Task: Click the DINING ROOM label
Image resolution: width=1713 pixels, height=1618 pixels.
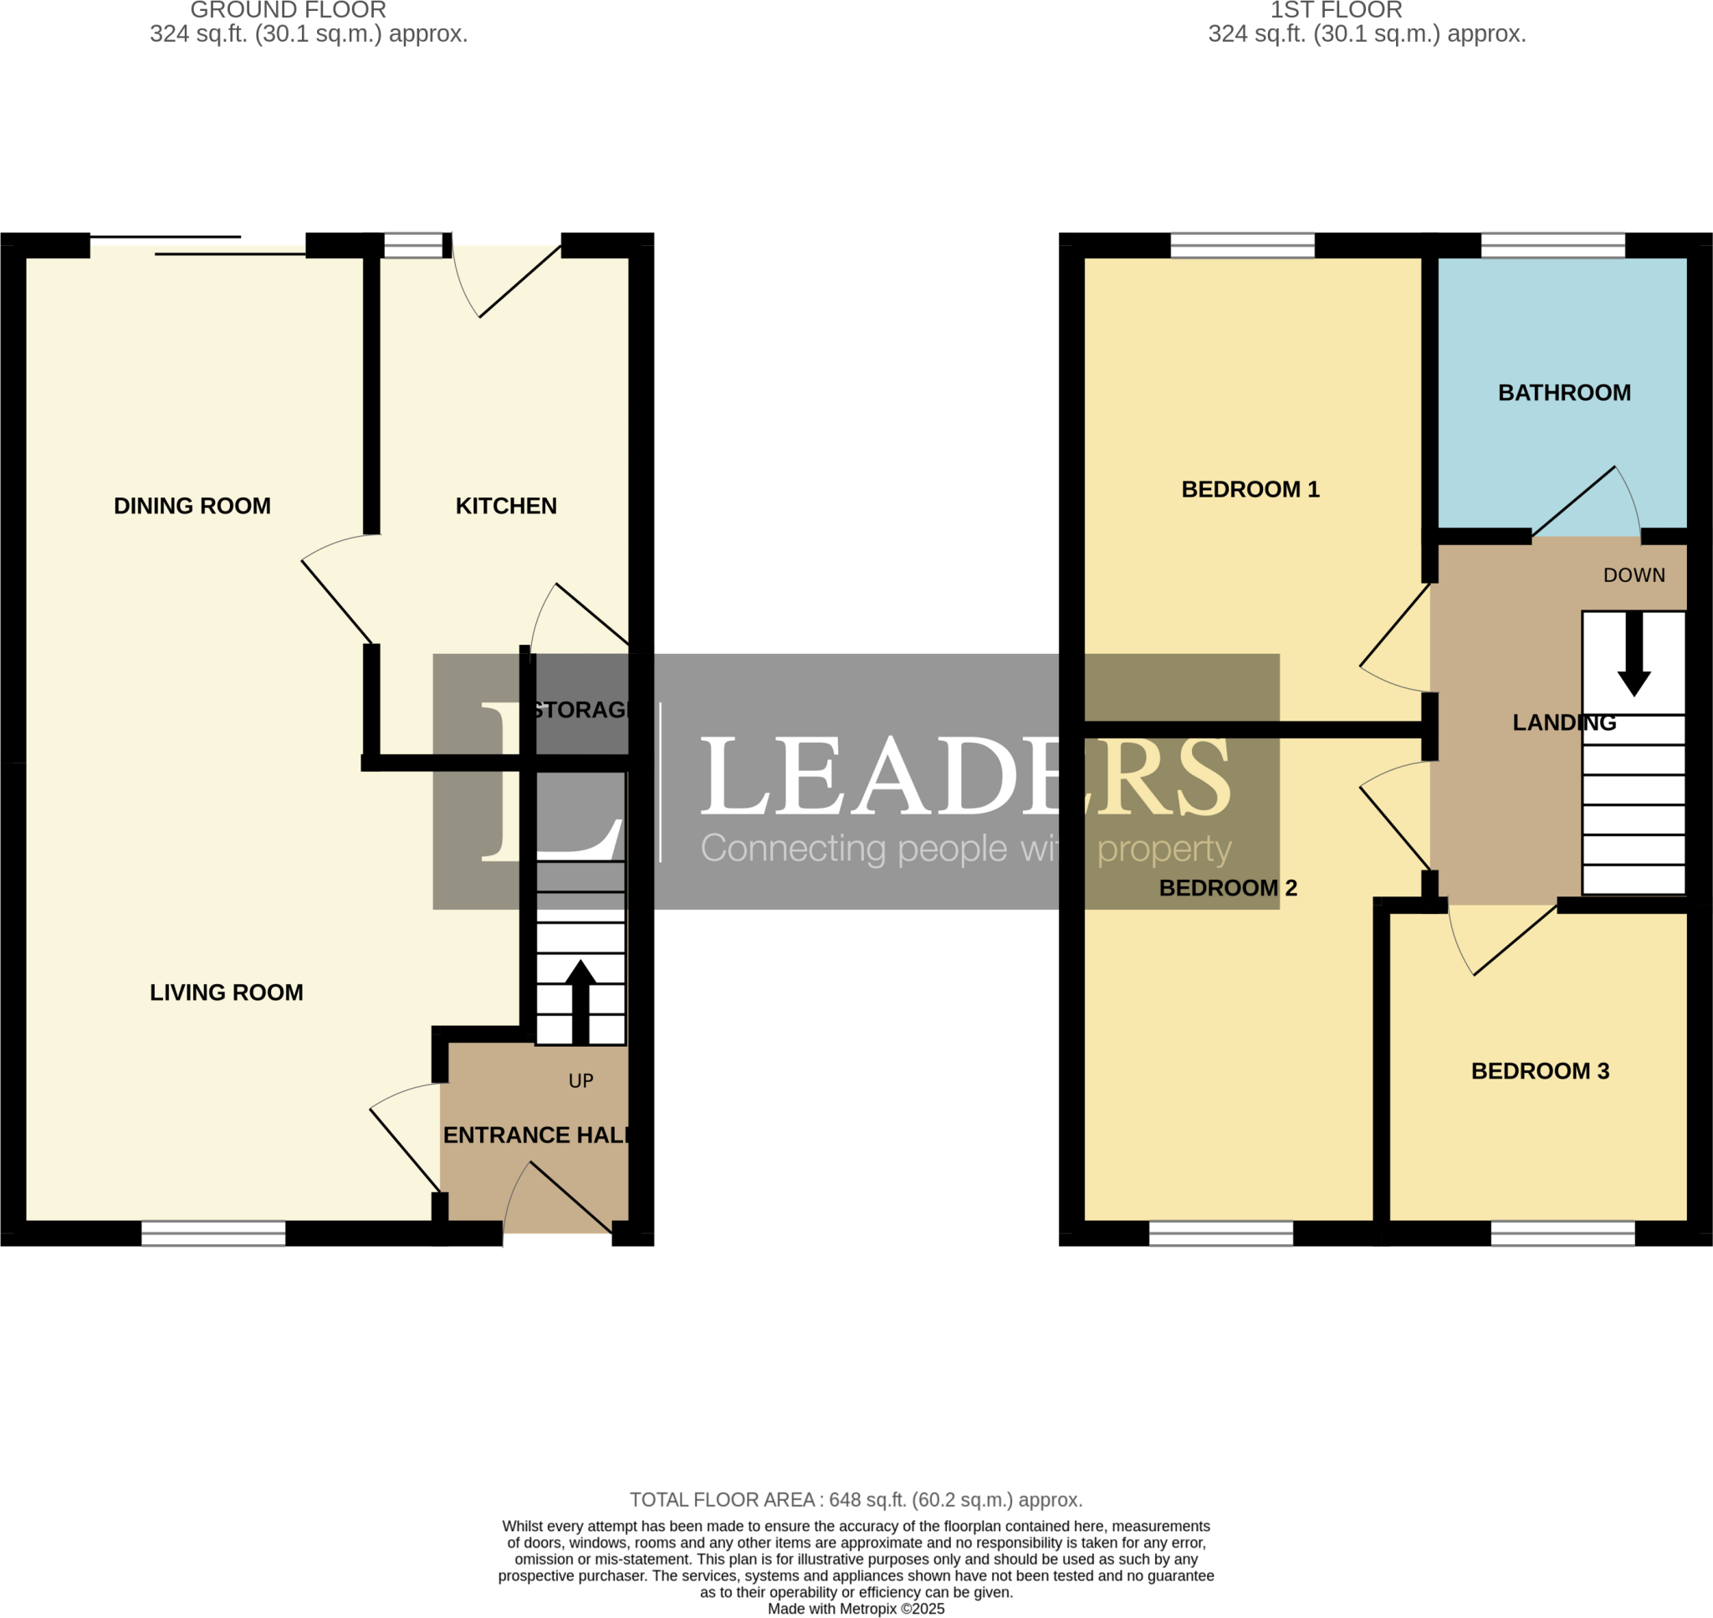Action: click(x=192, y=506)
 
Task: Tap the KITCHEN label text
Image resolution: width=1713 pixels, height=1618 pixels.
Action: click(x=505, y=506)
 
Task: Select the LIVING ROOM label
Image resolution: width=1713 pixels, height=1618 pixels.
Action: click(x=226, y=993)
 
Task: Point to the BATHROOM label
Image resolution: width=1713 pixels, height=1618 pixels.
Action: click(x=1564, y=393)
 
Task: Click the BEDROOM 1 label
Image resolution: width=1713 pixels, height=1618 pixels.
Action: click(x=1250, y=490)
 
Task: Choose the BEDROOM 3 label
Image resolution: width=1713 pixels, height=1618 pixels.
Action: click(x=1540, y=1071)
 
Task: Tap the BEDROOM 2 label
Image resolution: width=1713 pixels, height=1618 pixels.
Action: click(x=1227, y=888)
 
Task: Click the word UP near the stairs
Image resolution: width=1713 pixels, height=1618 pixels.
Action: click(x=580, y=1080)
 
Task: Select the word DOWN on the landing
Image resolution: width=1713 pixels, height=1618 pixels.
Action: click(x=1634, y=575)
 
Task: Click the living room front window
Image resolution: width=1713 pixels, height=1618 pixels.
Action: click(x=213, y=1233)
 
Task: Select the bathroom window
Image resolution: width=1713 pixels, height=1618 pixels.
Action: click(x=1552, y=246)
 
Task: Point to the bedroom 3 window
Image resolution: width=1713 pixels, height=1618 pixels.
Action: click(x=1562, y=1233)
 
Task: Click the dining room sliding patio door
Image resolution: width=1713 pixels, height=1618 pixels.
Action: click(x=198, y=246)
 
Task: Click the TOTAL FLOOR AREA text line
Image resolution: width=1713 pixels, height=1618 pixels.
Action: click(x=856, y=1500)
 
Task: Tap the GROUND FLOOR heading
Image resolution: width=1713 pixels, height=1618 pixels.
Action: click(x=288, y=10)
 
